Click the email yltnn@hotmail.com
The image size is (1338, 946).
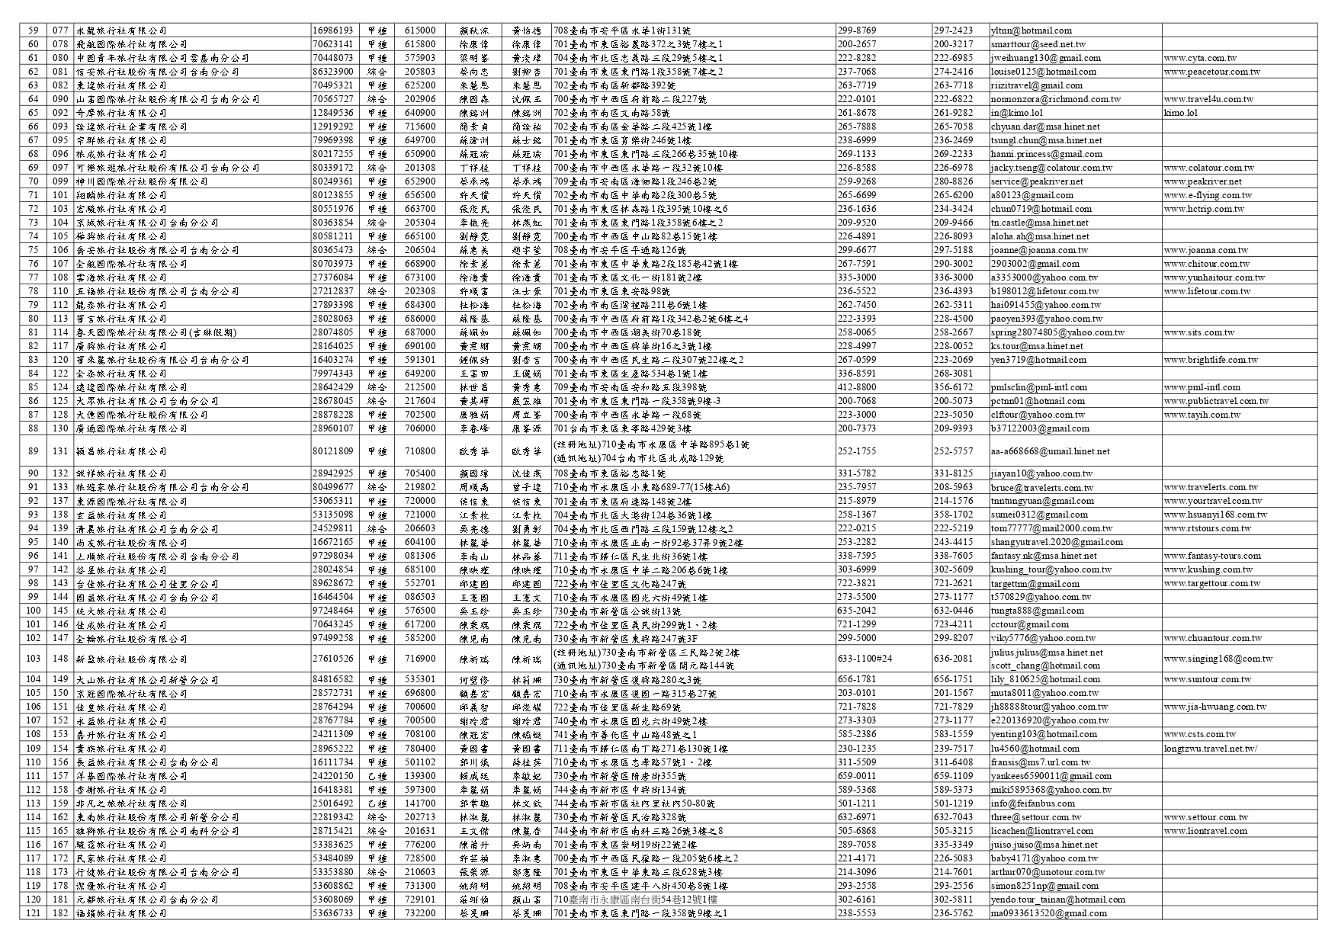1031,30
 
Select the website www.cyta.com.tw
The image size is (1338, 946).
1200,58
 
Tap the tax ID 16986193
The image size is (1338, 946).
333,30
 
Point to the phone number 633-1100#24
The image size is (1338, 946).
865,659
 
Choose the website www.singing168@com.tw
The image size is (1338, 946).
1218,659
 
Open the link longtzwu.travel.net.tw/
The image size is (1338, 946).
1210,749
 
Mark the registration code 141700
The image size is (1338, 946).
420,803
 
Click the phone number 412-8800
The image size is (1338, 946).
856,387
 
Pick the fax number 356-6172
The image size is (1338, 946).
953,387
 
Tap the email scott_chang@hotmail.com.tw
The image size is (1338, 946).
1045,665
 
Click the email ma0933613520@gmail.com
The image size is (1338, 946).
1048,913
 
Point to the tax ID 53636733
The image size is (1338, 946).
333,913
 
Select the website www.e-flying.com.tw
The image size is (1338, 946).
1208,195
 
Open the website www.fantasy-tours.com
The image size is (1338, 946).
1212,556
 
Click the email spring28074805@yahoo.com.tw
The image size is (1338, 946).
1057,332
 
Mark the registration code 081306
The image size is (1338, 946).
420,556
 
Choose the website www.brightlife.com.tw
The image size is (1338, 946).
1211,360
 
